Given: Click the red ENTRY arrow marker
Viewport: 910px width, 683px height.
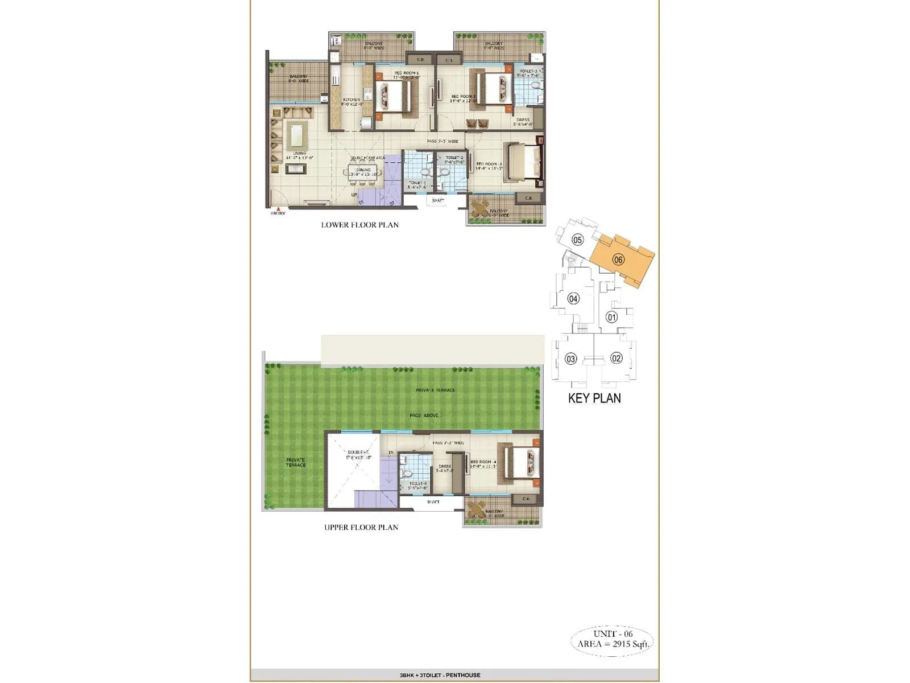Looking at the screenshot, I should click(x=278, y=209).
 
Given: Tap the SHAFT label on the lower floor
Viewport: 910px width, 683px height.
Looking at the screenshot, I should click(x=438, y=200).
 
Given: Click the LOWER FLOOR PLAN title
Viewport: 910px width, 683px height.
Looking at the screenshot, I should click(x=359, y=225).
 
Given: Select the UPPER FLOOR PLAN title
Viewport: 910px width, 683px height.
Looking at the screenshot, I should click(x=361, y=527).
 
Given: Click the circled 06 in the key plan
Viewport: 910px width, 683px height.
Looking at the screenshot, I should click(x=618, y=260).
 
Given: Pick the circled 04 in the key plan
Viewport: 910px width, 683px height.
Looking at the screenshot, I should click(x=573, y=298).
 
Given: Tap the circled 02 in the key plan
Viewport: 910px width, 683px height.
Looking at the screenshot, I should click(x=616, y=358).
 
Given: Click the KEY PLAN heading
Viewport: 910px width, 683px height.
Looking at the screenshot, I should click(x=594, y=398).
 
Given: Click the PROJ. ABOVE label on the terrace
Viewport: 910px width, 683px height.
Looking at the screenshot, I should click(x=424, y=415).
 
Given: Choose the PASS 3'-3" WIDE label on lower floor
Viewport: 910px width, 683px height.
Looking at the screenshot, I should click(x=442, y=141).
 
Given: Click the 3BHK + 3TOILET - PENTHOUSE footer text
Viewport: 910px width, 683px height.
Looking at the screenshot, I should click(x=440, y=675).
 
